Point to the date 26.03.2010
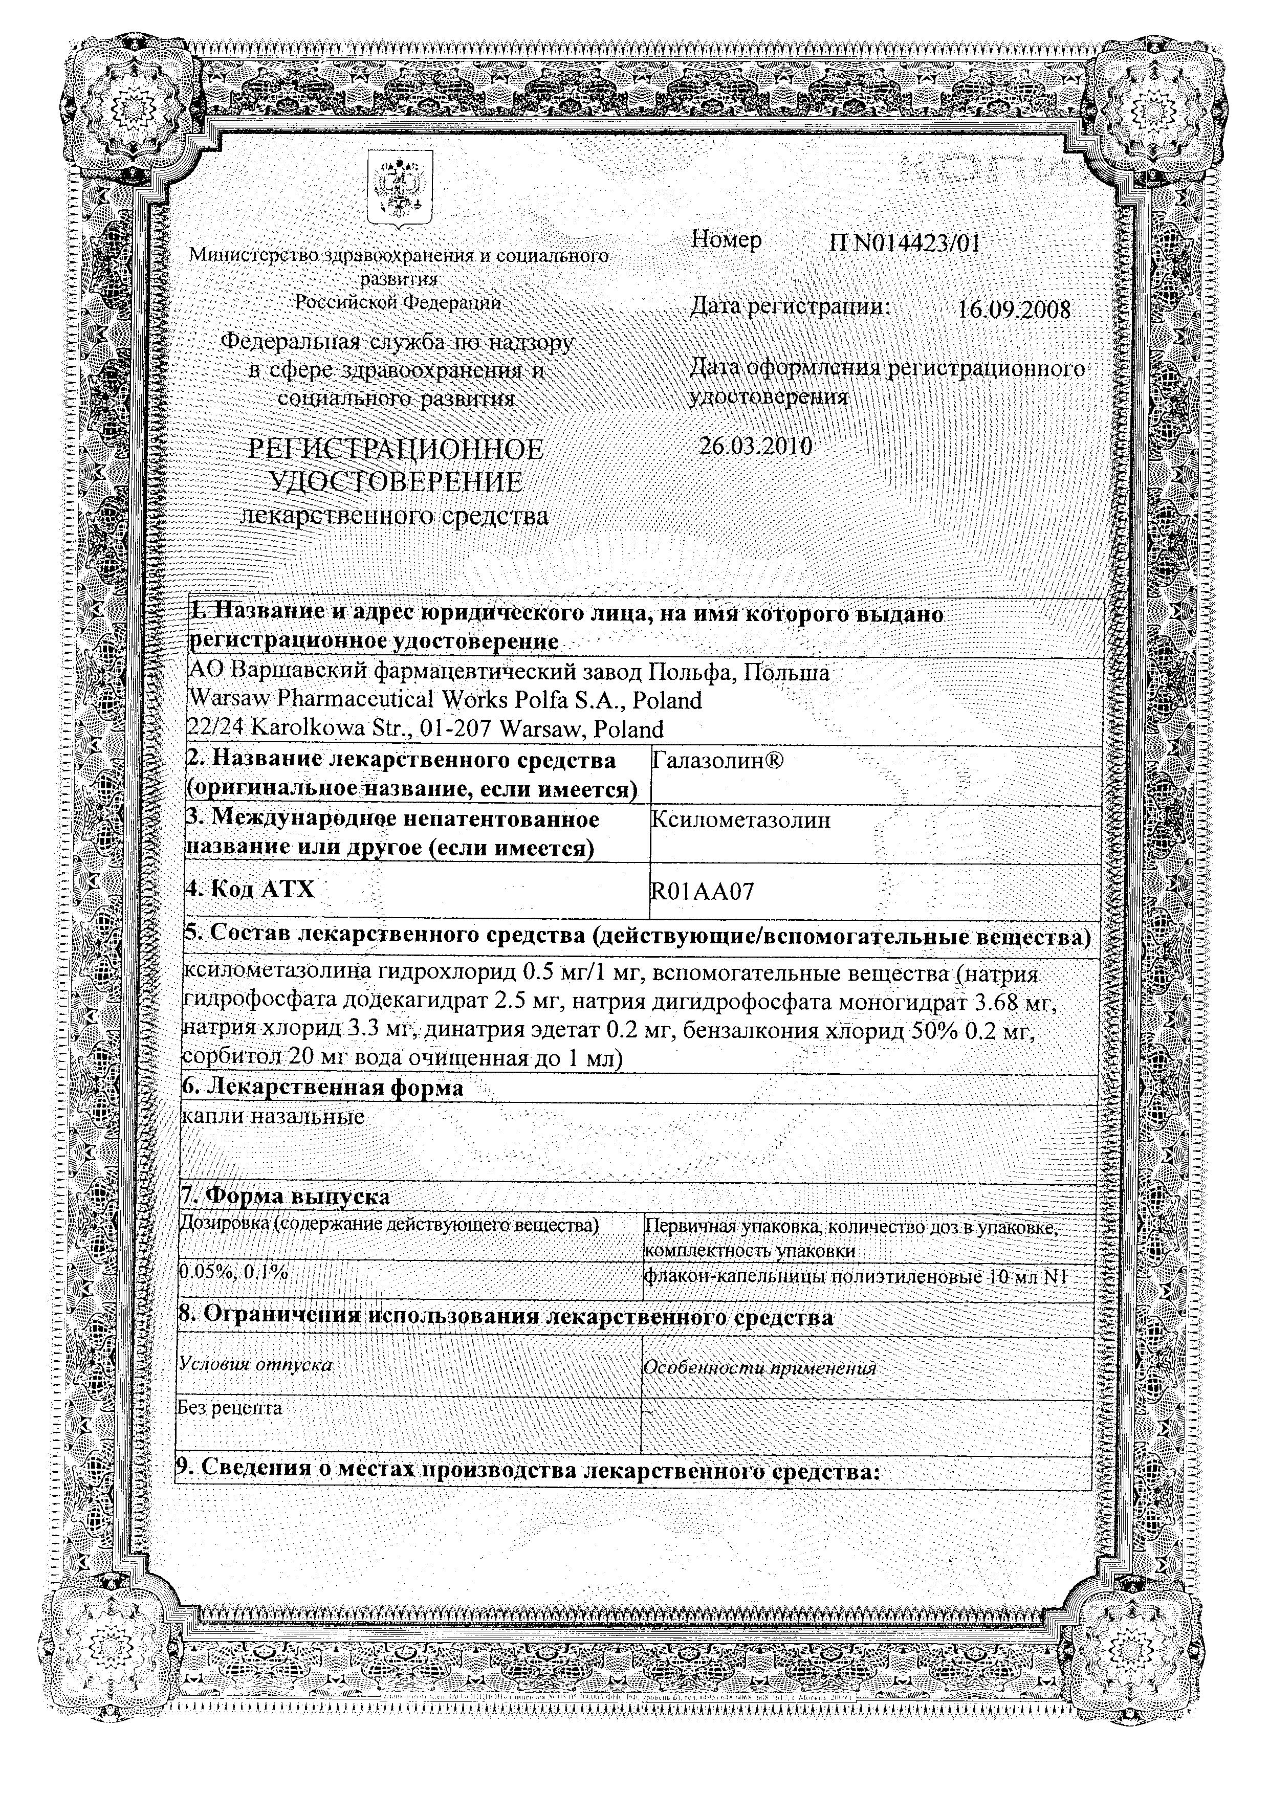coord(756,446)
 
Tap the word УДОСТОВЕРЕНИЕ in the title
coord(396,482)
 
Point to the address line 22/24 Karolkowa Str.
coord(426,729)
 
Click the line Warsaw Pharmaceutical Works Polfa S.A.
coord(445,700)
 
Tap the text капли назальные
coord(273,1117)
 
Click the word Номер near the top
coord(727,240)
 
